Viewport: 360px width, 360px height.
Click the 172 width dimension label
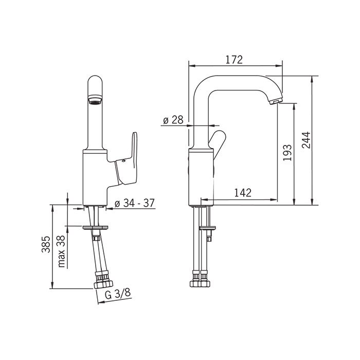click(x=233, y=60)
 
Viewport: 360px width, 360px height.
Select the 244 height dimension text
click(x=306, y=140)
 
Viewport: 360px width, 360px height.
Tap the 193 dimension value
click(x=287, y=152)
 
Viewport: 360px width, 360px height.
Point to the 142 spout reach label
click(x=243, y=193)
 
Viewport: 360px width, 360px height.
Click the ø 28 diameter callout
click(x=173, y=120)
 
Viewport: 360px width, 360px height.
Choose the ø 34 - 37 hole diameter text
click(x=135, y=203)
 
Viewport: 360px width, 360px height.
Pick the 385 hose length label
click(x=46, y=244)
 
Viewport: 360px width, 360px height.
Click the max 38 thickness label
click(x=61, y=251)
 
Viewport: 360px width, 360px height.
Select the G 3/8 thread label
click(x=118, y=294)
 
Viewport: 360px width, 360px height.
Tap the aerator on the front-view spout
click(x=95, y=100)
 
